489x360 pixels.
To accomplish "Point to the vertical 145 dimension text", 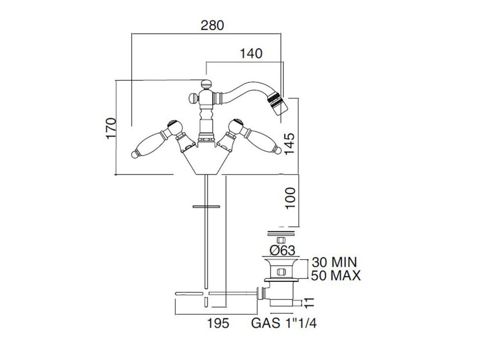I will tap(289, 145).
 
